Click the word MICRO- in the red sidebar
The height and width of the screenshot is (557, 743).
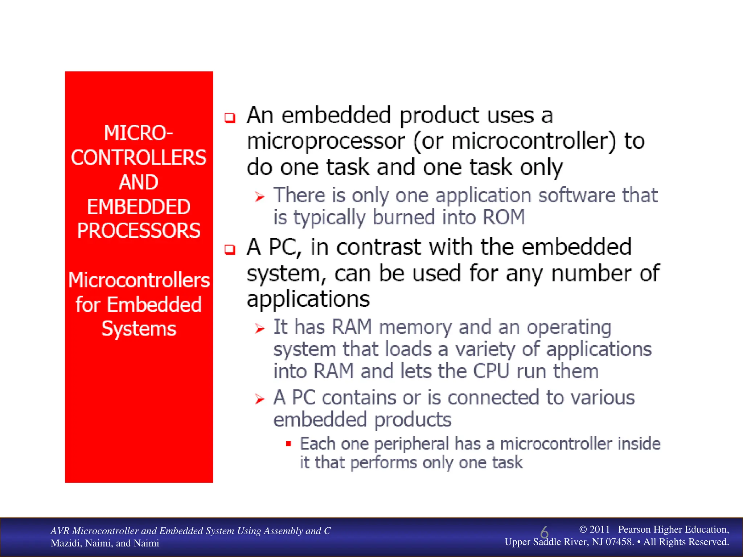tap(139, 133)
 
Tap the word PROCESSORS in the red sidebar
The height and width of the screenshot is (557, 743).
tap(139, 231)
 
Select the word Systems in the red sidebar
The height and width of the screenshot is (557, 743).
tap(139, 329)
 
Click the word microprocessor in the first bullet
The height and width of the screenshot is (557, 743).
tap(325, 141)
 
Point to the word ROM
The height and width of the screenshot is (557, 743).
tap(504, 217)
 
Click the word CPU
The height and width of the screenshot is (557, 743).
tap(491, 371)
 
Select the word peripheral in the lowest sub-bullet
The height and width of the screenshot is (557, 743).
tap(412, 444)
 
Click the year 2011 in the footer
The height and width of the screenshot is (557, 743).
tap(599, 529)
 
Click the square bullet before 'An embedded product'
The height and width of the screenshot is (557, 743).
tap(230, 118)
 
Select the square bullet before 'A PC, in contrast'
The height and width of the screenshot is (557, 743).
tap(230, 249)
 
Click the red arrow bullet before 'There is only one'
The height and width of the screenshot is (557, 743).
tap(259, 197)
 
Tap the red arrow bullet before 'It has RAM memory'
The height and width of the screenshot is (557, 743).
tap(259, 329)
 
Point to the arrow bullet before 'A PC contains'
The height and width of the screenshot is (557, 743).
tap(259, 399)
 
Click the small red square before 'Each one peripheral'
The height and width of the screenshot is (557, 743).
tap(288, 443)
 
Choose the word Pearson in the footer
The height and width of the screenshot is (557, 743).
tap(634, 529)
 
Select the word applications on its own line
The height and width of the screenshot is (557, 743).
tap(308, 300)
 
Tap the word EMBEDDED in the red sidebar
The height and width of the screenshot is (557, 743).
tap(139, 207)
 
